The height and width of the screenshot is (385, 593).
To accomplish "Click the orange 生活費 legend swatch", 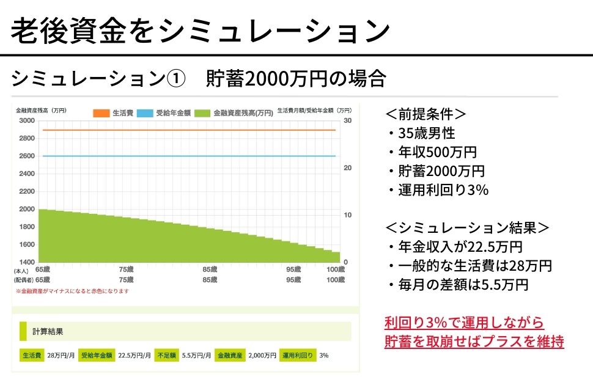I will click(x=100, y=113).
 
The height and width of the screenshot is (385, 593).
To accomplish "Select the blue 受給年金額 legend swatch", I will click(x=145, y=113).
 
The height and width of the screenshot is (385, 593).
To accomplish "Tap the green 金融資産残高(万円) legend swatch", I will click(x=202, y=113).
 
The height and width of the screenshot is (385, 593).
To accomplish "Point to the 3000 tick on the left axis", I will click(x=27, y=120).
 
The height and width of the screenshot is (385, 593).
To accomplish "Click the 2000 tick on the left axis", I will click(x=27, y=209).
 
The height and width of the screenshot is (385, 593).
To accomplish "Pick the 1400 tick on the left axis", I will click(x=27, y=262).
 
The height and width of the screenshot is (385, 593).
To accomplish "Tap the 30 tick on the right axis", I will click(x=347, y=120).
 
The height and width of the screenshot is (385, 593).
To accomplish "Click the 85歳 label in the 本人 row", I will click(x=210, y=269).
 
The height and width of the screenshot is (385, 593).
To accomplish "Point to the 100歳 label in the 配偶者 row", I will click(x=336, y=280).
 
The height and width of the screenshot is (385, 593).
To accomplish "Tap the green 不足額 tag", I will click(x=166, y=355).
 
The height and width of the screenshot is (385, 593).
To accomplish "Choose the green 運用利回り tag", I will click(x=298, y=355).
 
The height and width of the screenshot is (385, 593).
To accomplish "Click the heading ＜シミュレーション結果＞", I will click(x=467, y=228).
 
